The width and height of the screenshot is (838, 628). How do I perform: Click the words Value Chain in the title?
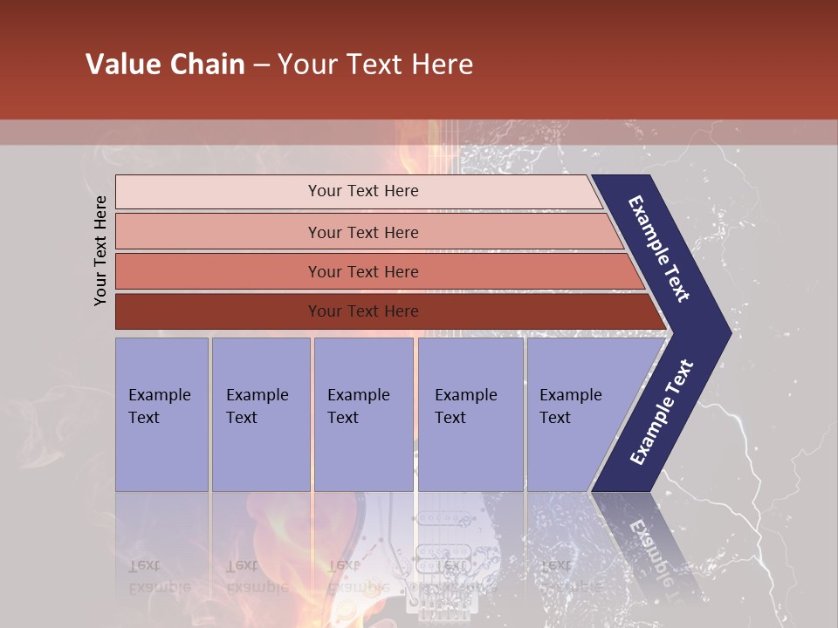[x=165, y=65]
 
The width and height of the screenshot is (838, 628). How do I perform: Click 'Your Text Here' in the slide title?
[x=375, y=65]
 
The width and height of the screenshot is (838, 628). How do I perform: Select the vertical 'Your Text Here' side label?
[x=100, y=250]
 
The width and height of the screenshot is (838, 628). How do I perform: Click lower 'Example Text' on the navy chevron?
[x=661, y=413]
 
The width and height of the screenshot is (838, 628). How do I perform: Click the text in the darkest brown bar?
[x=363, y=311]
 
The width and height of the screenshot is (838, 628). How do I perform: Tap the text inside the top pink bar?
[x=363, y=191]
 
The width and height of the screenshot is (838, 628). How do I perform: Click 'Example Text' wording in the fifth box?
[x=570, y=406]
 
